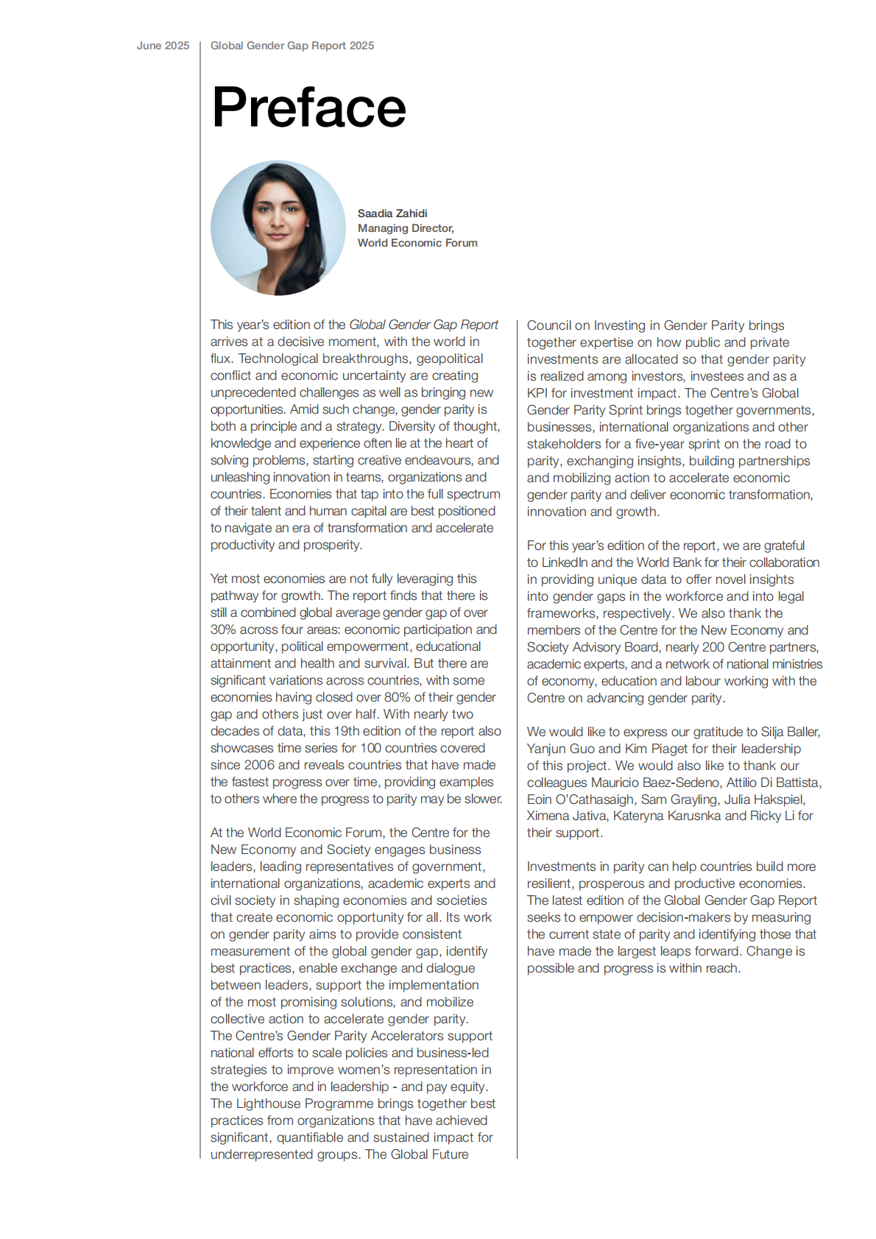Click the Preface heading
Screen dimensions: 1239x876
(x=308, y=107)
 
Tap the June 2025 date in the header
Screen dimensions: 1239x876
(x=163, y=46)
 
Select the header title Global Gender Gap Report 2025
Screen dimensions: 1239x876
(x=292, y=46)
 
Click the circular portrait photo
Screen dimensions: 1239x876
(x=278, y=228)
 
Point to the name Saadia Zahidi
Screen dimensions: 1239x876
(x=392, y=213)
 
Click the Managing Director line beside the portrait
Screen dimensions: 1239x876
(x=406, y=228)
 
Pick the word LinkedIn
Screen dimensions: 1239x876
(x=565, y=562)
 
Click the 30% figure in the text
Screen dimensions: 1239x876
(x=223, y=629)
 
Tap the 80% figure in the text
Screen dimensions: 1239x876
(x=398, y=697)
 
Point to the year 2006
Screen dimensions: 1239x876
(x=259, y=765)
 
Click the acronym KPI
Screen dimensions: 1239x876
(x=537, y=393)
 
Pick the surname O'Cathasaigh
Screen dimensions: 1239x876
(x=595, y=799)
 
